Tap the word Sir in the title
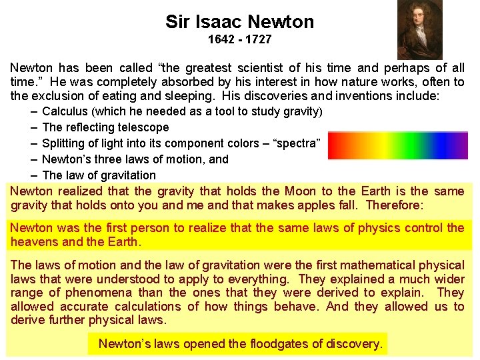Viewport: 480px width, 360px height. (177, 22)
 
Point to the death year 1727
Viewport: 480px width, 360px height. (259, 39)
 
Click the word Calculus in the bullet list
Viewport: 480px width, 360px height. (63, 111)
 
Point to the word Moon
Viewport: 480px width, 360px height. (301, 191)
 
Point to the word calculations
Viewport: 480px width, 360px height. (147, 307)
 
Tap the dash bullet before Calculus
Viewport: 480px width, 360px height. (34, 111)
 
